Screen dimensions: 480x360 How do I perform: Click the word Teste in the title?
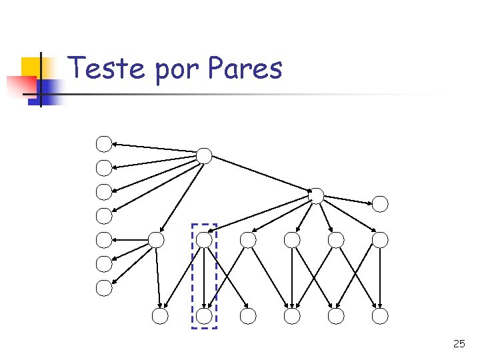pyautogui.click(x=107, y=68)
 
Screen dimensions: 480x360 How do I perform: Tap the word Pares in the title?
pyautogui.click(x=245, y=68)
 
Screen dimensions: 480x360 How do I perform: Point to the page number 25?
pyautogui.click(x=459, y=344)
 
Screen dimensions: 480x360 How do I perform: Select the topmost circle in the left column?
pyautogui.click(x=104, y=143)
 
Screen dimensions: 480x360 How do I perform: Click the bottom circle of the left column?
pyautogui.click(x=104, y=288)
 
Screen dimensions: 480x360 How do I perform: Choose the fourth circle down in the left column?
pyautogui.click(x=104, y=215)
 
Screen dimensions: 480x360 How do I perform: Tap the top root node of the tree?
pyautogui.click(x=204, y=156)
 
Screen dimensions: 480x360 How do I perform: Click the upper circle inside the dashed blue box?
pyautogui.click(x=204, y=239)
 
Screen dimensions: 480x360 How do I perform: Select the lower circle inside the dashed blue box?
pyautogui.click(x=204, y=316)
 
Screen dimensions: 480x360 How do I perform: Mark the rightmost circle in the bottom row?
pyautogui.click(x=379, y=316)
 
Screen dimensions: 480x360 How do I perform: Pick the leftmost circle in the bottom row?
pyautogui.click(x=160, y=316)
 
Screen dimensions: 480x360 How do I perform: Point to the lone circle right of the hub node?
pyautogui.click(x=379, y=203)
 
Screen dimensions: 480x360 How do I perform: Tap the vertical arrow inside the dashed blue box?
pyautogui.click(x=204, y=277)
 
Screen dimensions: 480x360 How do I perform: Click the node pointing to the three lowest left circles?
pyautogui.click(x=155, y=239)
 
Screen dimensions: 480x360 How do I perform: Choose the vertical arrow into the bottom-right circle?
pyautogui.click(x=379, y=277)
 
